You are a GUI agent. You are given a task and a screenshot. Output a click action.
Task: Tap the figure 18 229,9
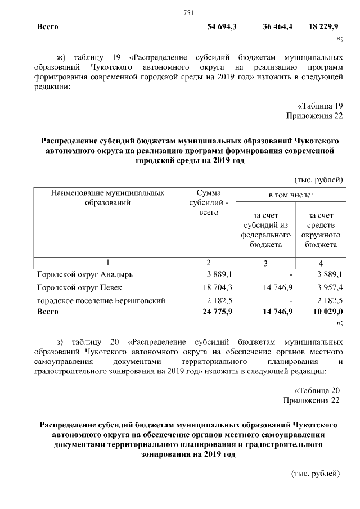point(324,27)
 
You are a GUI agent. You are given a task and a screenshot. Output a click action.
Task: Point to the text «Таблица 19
point(319,106)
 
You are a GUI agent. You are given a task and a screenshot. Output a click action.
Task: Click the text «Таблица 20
point(318,390)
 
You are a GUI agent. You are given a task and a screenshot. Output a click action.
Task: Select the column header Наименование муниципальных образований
point(107,197)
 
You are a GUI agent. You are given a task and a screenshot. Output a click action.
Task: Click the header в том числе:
point(290,195)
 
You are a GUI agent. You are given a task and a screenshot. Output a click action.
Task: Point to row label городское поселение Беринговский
point(101,301)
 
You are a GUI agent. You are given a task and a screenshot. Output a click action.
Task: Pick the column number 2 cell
point(209,263)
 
